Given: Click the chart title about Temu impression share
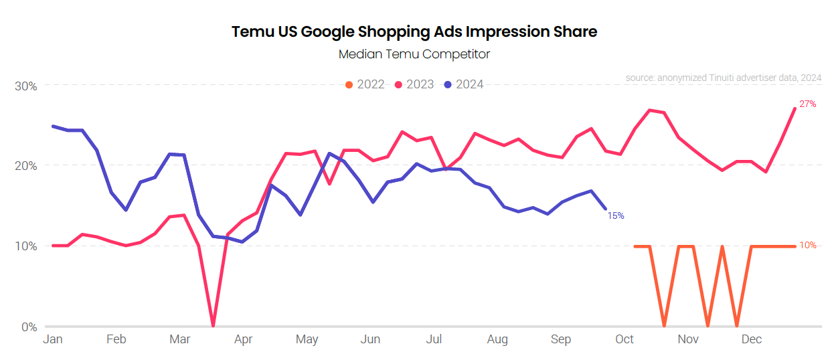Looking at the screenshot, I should click(x=414, y=31).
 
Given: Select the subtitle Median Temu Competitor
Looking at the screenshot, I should click(x=414, y=54).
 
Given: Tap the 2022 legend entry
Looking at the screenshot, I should click(x=365, y=84).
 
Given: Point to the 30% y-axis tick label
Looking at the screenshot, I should click(x=25, y=86).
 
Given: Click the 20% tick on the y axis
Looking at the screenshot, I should click(x=25, y=166).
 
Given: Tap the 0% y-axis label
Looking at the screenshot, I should click(x=29, y=327).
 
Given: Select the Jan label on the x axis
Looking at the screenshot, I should click(x=53, y=340).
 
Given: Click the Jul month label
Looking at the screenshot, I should click(x=434, y=340).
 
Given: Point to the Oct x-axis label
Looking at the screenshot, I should click(x=625, y=340).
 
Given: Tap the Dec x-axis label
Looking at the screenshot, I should click(x=752, y=340).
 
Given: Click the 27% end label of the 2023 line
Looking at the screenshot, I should click(x=808, y=104).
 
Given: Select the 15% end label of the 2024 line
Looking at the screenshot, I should click(x=616, y=215).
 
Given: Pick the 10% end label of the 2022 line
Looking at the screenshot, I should click(x=808, y=246).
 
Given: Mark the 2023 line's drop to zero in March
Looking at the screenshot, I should click(x=213, y=325).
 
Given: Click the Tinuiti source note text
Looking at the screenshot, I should click(x=724, y=78).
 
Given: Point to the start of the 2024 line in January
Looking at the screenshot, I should click(x=53, y=126).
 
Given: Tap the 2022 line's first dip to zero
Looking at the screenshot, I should click(x=664, y=325).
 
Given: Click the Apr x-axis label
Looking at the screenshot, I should click(x=243, y=340).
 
